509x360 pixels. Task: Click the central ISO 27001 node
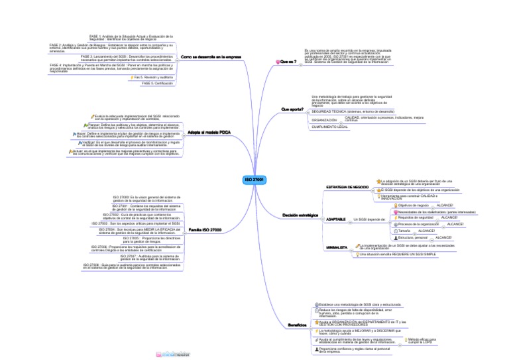[254, 180]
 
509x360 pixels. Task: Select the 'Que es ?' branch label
[288, 62]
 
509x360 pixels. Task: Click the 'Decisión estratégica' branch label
[300, 216]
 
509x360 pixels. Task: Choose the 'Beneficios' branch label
[296, 325]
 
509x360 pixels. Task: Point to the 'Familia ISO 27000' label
[205, 229]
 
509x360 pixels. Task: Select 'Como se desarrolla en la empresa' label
[211, 58]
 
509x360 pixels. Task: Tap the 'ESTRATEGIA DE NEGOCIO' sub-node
[347, 187]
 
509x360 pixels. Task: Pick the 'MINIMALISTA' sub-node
[337, 247]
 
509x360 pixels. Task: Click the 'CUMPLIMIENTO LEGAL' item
[330, 126]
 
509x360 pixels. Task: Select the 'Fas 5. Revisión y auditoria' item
[153, 78]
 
